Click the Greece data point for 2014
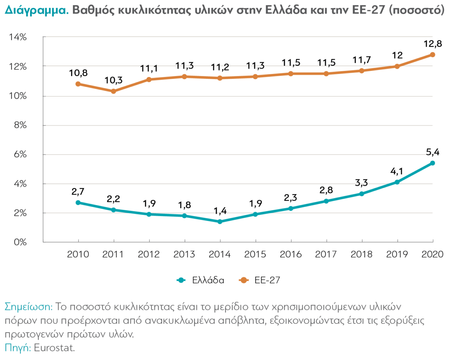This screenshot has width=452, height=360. click(x=220, y=222)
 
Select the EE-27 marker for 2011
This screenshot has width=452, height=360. click(x=113, y=91)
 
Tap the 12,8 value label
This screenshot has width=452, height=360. click(x=432, y=44)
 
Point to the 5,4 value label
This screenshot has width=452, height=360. click(x=432, y=153)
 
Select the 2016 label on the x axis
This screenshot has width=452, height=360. click(x=291, y=254)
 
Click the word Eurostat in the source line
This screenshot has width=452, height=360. click(x=55, y=347)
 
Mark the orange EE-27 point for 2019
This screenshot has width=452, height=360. click(x=397, y=66)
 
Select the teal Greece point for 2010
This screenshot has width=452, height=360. click(x=78, y=202)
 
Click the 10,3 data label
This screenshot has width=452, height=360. click(x=113, y=80)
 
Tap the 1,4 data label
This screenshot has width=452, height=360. click(x=220, y=211)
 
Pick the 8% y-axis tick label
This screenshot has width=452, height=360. click(x=20, y=125)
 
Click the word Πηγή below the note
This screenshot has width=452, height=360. click(x=17, y=347)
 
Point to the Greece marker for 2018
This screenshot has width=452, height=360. click(x=362, y=194)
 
